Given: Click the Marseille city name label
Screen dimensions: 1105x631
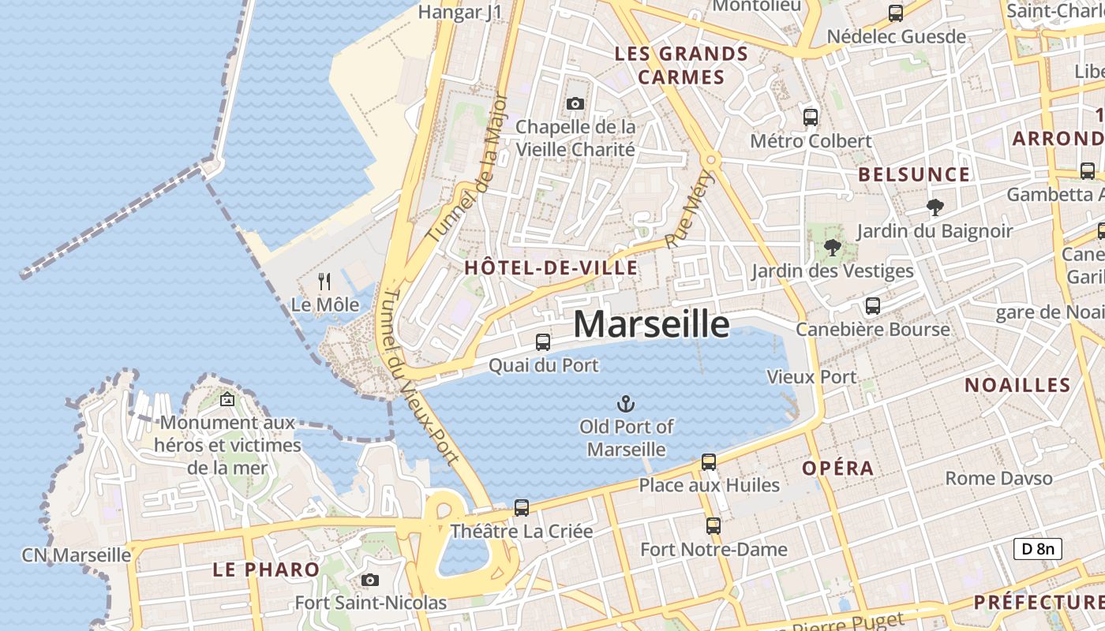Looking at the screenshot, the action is coord(651,324).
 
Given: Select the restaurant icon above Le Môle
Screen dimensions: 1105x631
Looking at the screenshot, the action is coord(324,281).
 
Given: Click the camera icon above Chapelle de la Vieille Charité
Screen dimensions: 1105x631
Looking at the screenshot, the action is coord(575,103).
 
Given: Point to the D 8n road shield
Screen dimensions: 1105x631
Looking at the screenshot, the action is coord(1037,549).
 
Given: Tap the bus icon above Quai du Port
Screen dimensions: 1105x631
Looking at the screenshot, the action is coord(543,342).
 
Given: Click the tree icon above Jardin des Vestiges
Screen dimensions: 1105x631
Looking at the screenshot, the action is coord(832,248).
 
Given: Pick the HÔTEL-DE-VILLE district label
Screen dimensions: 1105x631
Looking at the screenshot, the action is coord(551,267).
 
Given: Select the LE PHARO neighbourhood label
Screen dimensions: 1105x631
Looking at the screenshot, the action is coord(266,569).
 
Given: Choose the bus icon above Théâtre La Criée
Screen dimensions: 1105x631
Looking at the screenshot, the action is coord(522,508).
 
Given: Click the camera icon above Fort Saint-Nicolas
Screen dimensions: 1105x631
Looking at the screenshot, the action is coord(370,581).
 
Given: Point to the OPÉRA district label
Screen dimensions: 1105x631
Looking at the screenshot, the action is coord(837,468).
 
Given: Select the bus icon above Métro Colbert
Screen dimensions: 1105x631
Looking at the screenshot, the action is coord(811,118).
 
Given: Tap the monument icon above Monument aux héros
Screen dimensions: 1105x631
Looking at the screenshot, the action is coord(227,400).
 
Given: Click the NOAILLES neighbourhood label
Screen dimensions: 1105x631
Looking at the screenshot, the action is coord(1017,385).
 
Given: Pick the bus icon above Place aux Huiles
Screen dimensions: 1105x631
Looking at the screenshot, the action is coord(709,462).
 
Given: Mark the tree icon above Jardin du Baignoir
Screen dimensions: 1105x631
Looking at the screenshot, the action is coord(935,207).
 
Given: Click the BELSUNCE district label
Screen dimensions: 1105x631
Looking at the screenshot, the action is coord(914,174).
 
